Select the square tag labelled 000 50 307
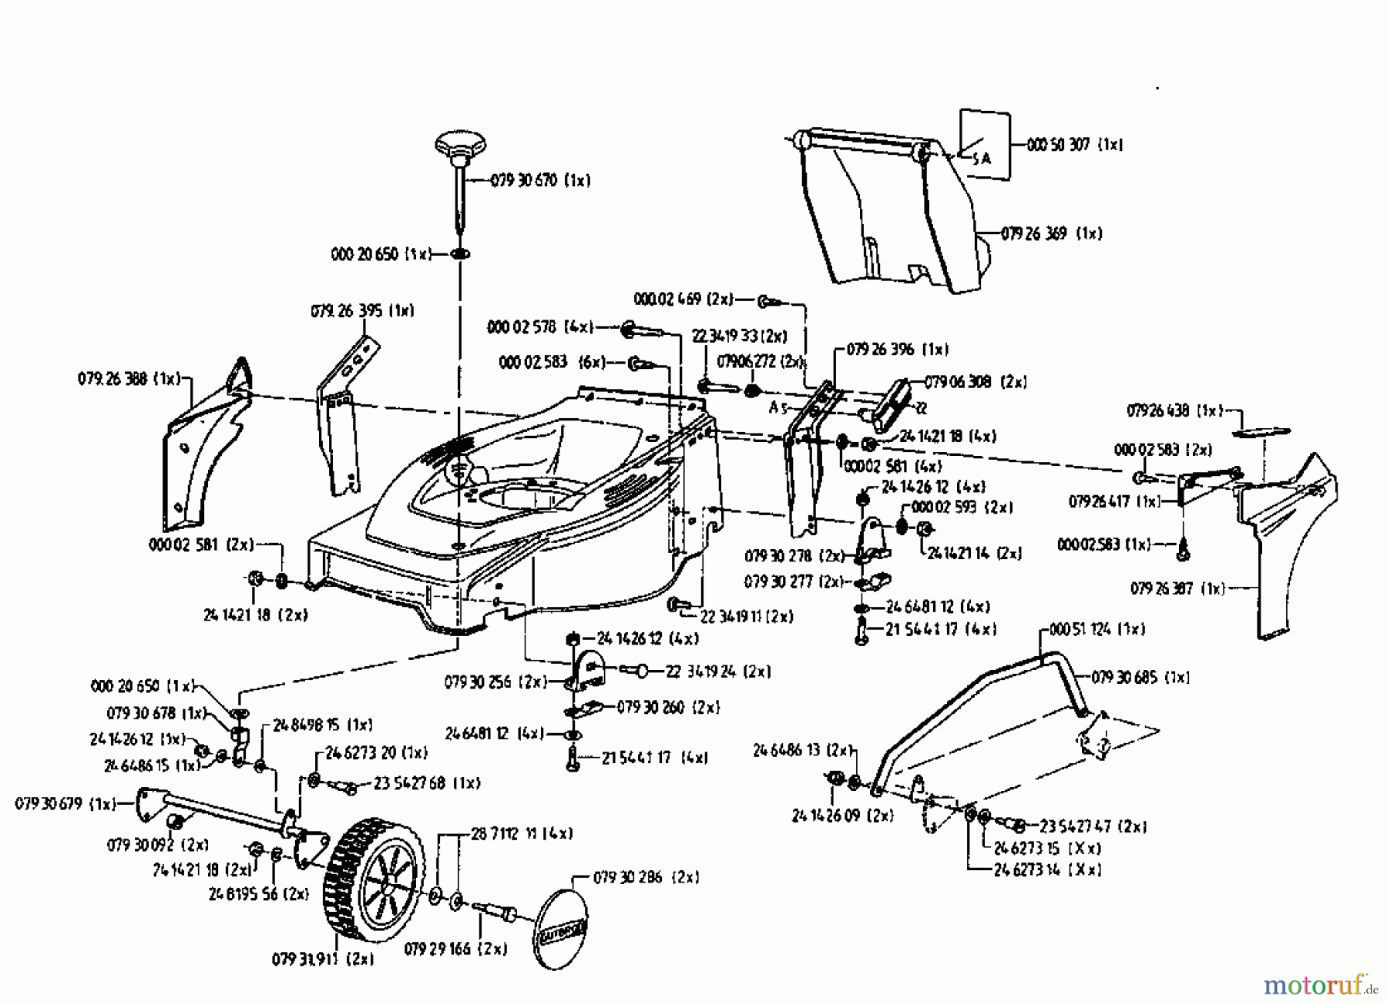[984, 144]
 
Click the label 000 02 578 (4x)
[539, 327]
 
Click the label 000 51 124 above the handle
[1098, 629]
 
